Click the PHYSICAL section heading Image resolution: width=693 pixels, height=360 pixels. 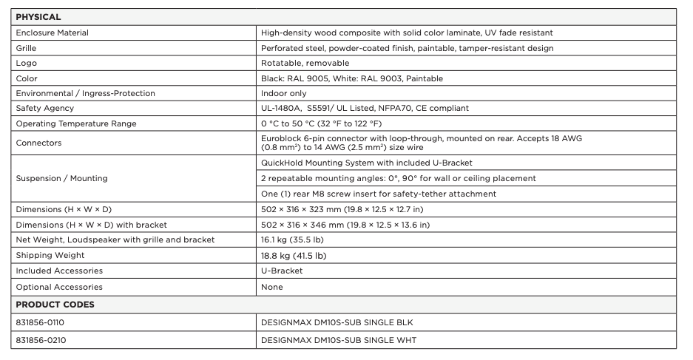pyautogui.click(x=38, y=17)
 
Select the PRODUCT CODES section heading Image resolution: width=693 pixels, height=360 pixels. pyautogui.click(x=55, y=305)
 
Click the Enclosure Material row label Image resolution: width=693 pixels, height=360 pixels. pyautogui.click(x=52, y=33)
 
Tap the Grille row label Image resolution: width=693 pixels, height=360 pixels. pyautogui.click(x=26, y=48)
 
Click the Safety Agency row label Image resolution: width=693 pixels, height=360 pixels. pyautogui.click(x=44, y=109)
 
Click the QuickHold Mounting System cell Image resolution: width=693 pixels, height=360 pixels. pyautogui.click(x=366, y=163)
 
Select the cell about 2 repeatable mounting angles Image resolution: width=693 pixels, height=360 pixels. pyautogui.click(x=398, y=178)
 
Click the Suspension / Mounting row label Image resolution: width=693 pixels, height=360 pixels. pyautogui.click(x=61, y=178)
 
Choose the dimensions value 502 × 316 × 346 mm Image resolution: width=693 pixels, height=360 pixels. pyautogui.click(x=345, y=225)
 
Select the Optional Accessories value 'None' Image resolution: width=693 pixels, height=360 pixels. pyautogui.click(x=272, y=287)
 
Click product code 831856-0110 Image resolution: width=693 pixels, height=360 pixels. pyautogui.click(x=45, y=323)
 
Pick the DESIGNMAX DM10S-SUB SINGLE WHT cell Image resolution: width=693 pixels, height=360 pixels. pyautogui.click(x=343, y=340)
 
